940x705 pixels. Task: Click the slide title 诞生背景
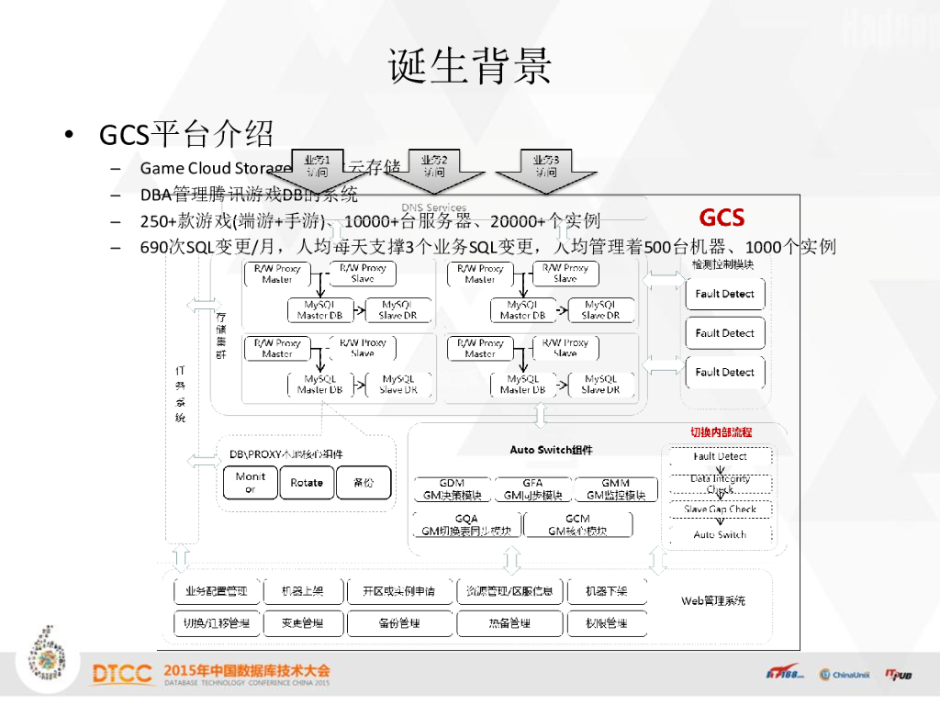point(470,66)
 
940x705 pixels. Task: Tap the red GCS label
point(722,218)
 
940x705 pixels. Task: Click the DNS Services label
point(434,207)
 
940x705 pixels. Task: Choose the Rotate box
point(307,483)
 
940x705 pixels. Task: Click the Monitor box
point(250,483)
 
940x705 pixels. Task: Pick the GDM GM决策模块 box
point(452,489)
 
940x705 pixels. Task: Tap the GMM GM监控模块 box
point(615,489)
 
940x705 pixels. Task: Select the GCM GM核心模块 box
point(577,524)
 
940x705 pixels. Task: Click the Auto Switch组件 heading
point(551,450)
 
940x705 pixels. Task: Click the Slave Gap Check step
point(720,509)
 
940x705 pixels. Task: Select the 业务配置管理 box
point(217,592)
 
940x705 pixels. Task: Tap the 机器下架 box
point(606,592)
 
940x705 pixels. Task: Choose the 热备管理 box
point(509,623)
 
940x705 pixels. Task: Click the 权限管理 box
point(606,623)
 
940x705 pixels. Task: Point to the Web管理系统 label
point(713,600)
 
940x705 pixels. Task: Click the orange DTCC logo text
point(122,675)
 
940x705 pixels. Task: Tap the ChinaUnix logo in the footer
point(844,675)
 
